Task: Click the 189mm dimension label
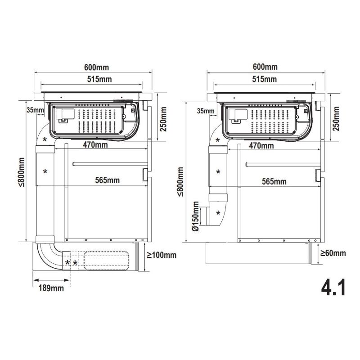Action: pos(51,288)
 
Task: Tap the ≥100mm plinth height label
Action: pos(162,255)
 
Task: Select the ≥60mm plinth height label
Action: pos(333,253)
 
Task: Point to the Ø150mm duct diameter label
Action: pos(196,216)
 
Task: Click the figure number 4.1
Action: pos(333,288)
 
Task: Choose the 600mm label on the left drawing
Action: pos(96,67)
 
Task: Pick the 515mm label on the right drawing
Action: pos(265,79)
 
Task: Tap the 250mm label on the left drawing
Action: pos(163,119)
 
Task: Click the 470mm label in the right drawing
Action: pos(261,146)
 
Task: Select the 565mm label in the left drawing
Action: pos(108,180)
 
